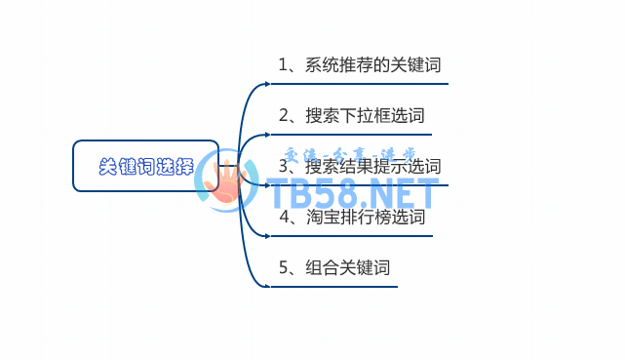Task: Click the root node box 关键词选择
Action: (145, 166)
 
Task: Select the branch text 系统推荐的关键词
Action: (372, 65)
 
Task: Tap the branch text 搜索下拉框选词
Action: (365, 116)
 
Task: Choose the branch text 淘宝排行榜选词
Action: (365, 217)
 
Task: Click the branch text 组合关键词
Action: (347, 267)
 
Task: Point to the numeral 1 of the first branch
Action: (283, 65)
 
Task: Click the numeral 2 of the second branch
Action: (283, 116)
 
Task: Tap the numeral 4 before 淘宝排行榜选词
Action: (283, 217)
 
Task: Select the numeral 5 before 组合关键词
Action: (283, 267)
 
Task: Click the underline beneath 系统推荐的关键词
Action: (361, 84)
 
